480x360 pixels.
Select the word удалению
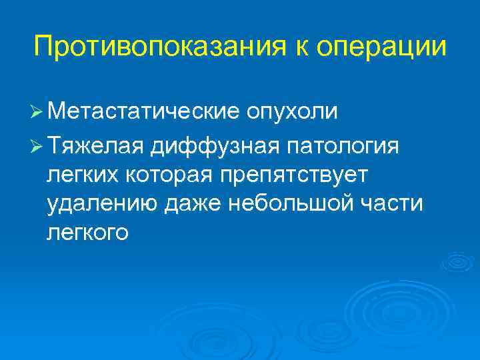(98, 205)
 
